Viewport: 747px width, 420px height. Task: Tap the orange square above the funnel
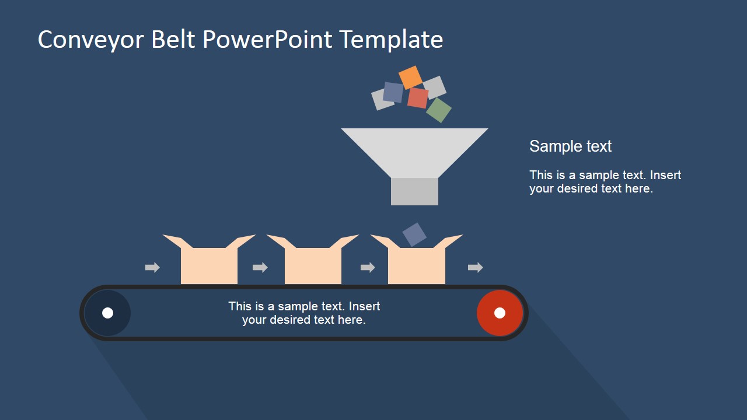[410, 77]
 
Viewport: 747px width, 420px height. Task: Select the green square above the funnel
[439, 110]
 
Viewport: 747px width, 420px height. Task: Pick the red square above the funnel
[418, 97]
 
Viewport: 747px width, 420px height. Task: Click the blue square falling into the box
[414, 235]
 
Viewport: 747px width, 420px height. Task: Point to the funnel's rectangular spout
[414, 191]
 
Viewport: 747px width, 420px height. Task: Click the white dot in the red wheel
[500, 313]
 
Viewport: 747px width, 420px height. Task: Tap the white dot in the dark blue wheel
[107, 313]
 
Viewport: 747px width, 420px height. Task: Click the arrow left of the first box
[152, 268]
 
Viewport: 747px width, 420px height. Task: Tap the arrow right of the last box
[476, 268]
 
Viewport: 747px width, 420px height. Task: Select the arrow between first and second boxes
[260, 268]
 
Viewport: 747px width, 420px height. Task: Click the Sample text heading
[570, 146]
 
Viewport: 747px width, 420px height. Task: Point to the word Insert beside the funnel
[665, 175]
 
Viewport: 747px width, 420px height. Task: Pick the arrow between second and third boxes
[368, 268]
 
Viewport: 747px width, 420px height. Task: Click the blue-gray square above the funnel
[393, 92]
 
